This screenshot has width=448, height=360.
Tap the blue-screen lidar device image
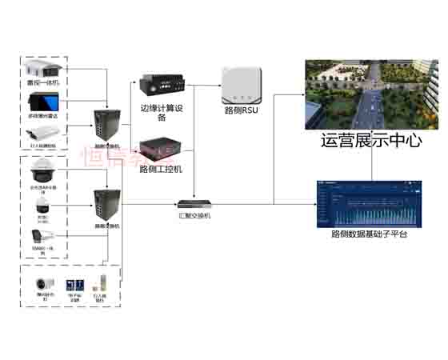tap(43, 101)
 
